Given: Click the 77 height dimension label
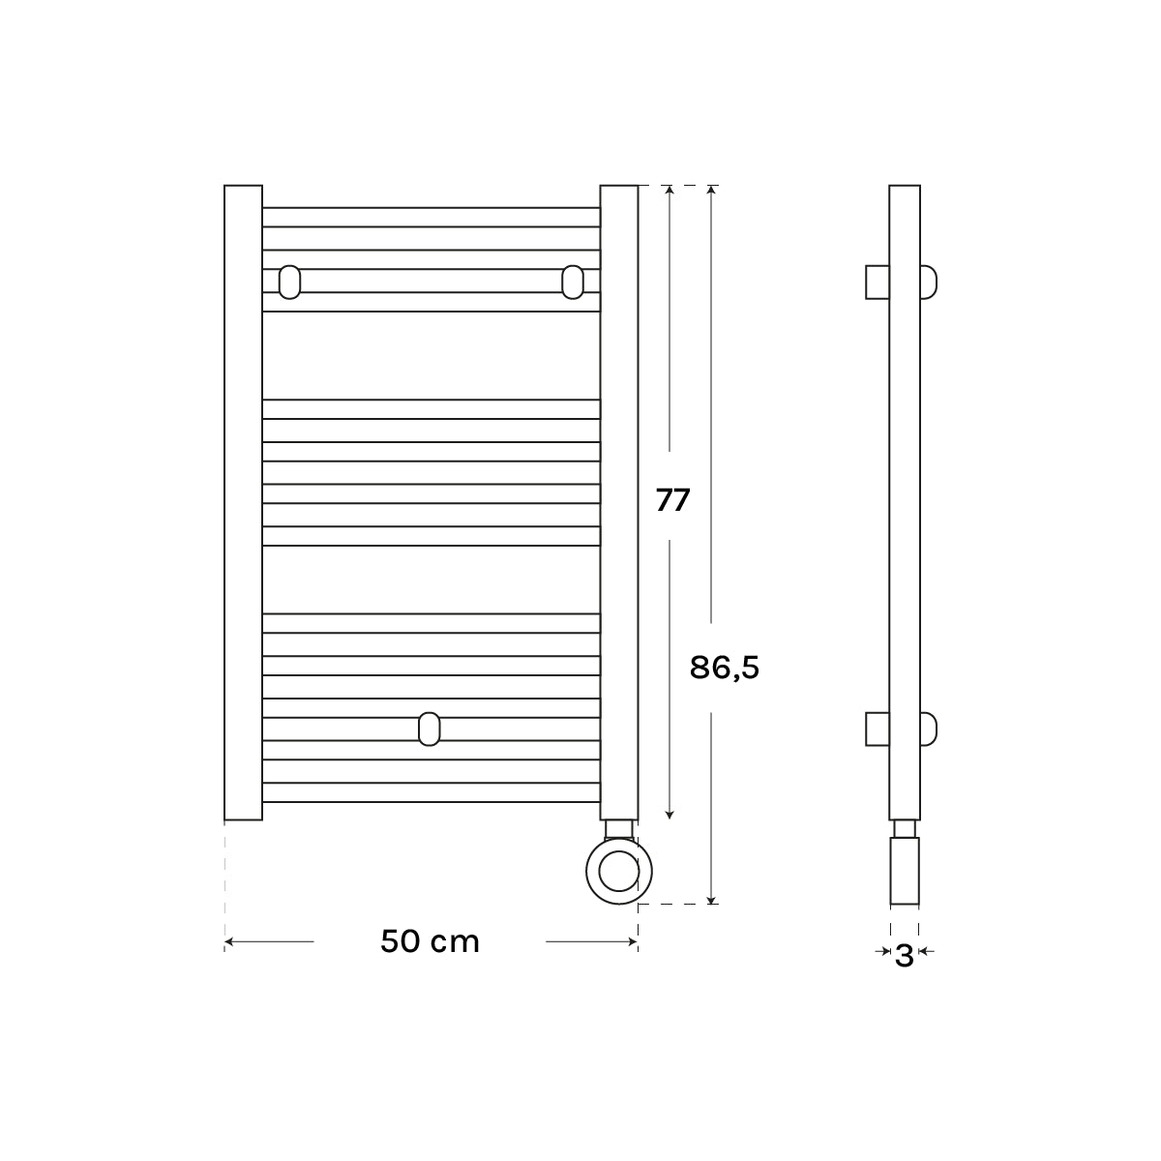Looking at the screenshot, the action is (x=672, y=500).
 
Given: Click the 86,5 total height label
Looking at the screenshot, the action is (x=725, y=668).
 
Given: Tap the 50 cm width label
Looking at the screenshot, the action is (x=431, y=941).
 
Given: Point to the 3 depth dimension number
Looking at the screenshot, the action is (x=904, y=956).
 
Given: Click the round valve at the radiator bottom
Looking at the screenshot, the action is (x=619, y=871).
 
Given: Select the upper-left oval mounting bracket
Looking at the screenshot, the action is (x=290, y=282).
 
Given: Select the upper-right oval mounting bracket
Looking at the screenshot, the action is (x=573, y=282).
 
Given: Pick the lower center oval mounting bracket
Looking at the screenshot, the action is (x=429, y=729).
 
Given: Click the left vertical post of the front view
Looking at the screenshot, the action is (x=244, y=502).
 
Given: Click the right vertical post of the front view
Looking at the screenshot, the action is (x=619, y=502).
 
